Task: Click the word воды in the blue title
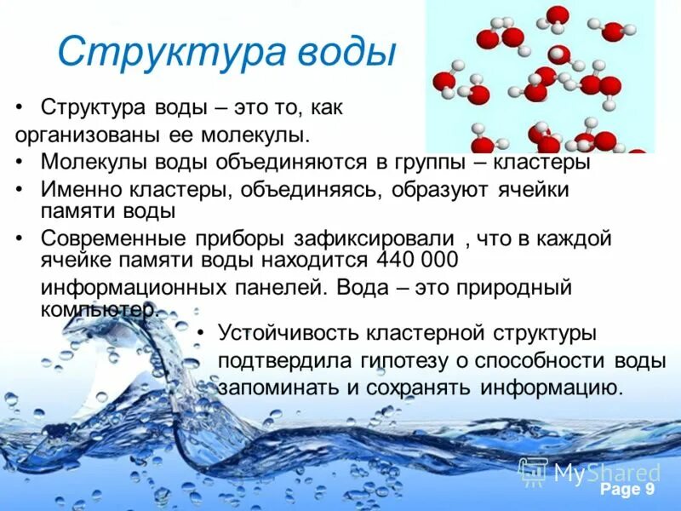tap(346, 52)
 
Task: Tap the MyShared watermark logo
tap(590, 472)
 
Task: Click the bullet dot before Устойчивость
tap(201, 333)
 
